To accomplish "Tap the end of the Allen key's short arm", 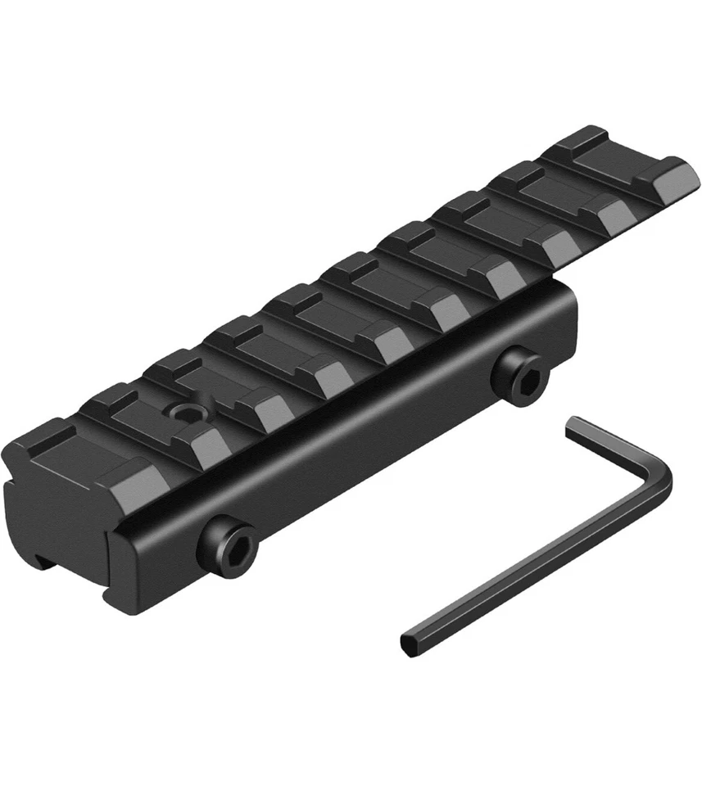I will coord(573,422).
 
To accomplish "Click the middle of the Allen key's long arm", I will coord(532,565).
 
